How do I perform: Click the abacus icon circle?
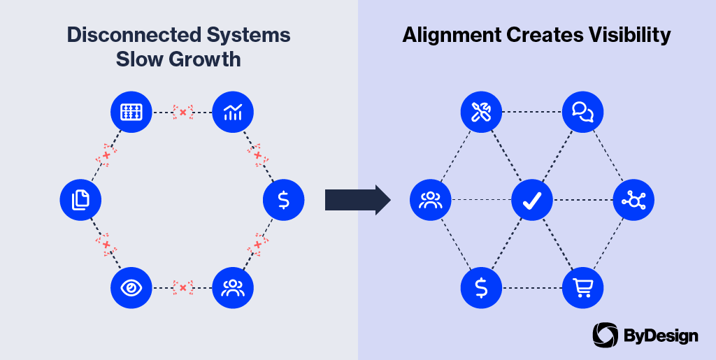pyautogui.click(x=131, y=112)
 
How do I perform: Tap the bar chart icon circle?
pyautogui.click(x=233, y=112)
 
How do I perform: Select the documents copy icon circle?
pyautogui.click(x=80, y=200)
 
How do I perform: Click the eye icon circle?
pyautogui.click(x=131, y=288)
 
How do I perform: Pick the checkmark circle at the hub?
pyautogui.click(x=532, y=200)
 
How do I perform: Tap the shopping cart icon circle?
pyautogui.click(x=582, y=288)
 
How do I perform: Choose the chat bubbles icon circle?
pyautogui.click(x=582, y=112)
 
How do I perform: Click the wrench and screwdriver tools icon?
pyautogui.click(x=481, y=112)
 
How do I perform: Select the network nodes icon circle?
pyautogui.click(x=633, y=200)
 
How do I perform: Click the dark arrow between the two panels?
pyautogui.click(x=357, y=200)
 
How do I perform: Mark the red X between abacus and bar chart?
pyautogui.click(x=182, y=112)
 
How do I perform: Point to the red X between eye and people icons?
pyautogui.click(x=182, y=288)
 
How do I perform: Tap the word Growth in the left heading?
pyautogui.click(x=208, y=59)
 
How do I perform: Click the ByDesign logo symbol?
pyautogui.click(x=605, y=336)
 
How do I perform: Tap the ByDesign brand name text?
pyautogui.click(x=660, y=336)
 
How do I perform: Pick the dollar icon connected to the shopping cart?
pyautogui.click(x=481, y=288)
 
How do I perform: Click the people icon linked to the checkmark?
pyautogui.click(x=430, y=200)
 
